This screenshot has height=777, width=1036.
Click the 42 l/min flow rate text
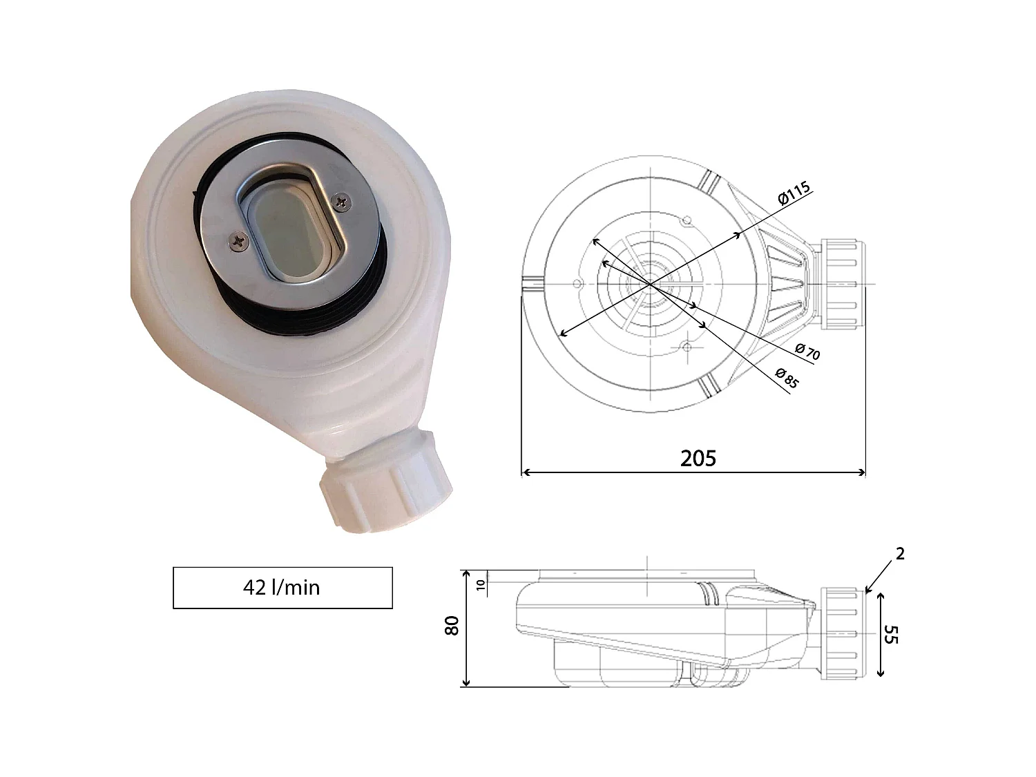tap(281, 588)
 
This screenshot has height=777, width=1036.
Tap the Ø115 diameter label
tap(794, 193)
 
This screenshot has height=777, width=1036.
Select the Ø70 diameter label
tap(807, 351)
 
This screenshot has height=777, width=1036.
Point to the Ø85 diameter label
tap(787, 378)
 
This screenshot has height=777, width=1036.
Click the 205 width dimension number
tap(698, 458)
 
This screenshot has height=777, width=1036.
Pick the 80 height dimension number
tap(452, 626)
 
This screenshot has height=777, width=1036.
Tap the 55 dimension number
tap(891, 635)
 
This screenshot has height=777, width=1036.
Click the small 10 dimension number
tap(481, 585)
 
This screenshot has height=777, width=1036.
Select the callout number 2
tap(900, 554)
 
